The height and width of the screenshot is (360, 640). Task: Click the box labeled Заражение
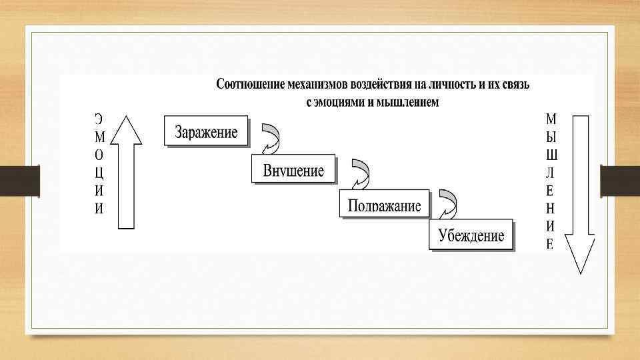206,131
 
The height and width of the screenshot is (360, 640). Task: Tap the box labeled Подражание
384,205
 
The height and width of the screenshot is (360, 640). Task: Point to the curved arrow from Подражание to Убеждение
448,203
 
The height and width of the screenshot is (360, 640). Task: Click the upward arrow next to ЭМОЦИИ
125,172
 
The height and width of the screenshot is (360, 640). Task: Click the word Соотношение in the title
250,85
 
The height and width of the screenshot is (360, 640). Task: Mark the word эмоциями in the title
340,102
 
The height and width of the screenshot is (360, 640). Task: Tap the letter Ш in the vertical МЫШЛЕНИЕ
552,155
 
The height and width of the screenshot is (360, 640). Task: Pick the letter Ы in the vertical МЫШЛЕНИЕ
551,137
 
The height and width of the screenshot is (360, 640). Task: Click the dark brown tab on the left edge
19,181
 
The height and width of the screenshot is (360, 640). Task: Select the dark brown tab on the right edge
620,181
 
